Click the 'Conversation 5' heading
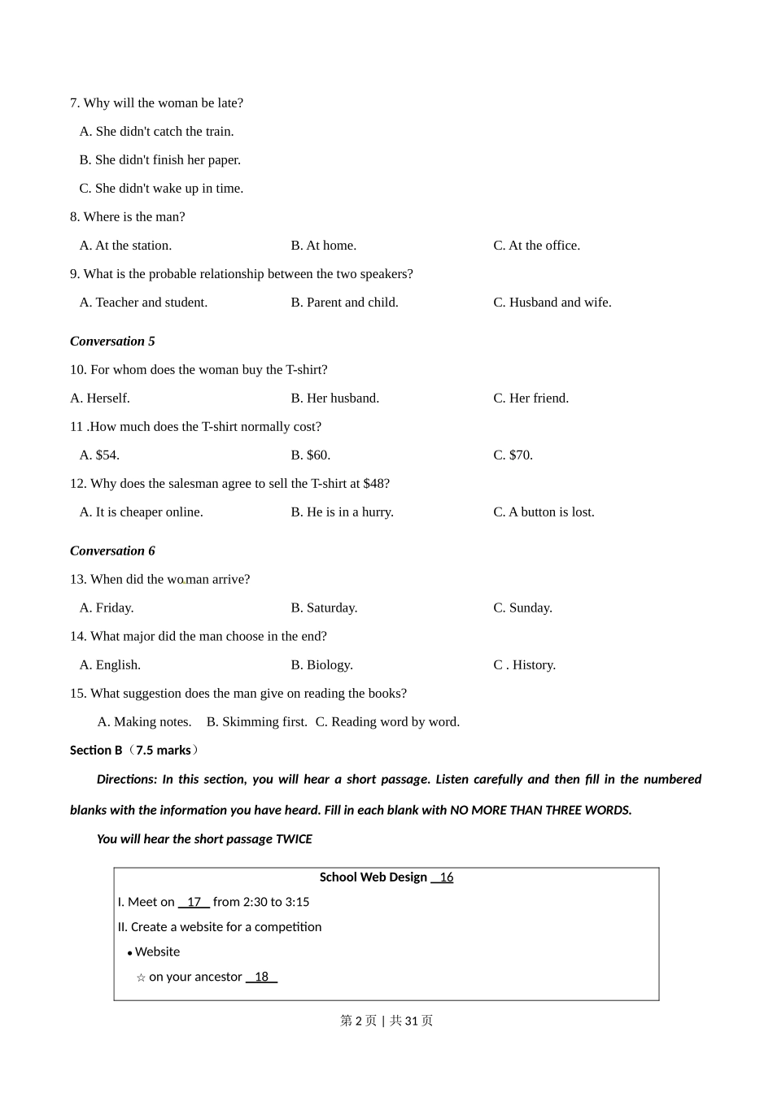[x=112, y=342]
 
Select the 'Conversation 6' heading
[x=112, y=551]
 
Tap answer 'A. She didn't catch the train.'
[x=156, y=132]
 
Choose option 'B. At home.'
[x=323, y=246]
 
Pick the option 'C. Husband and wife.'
[x=552, y=303]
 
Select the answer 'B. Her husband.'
[x=334, y=398]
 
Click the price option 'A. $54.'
[x=99, y=455]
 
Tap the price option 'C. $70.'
[x=513, y=455]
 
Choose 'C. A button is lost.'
[x=544, y=512]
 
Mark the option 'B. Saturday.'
[x=324, y=608]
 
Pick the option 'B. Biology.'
[x=321, y=665]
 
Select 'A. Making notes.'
[x=144, y=722]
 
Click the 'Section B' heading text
[x=96, y=751]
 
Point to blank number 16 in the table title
[x=443, y=877]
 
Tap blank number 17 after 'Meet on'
[x=194, y=902]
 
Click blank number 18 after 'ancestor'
[x=261, y=977]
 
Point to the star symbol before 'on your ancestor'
[x=141, y=978]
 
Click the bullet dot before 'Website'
[x=129, y=953]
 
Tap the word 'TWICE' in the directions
[x=294, y=839]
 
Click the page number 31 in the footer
[x=411, y=1021]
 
